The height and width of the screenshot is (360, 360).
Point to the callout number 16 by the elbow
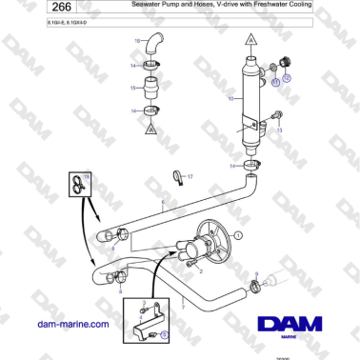click(x=137, y=40)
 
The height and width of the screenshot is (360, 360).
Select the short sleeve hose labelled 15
click(x=150, y=92)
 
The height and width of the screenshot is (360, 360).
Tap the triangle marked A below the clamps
click(x=150, y=136)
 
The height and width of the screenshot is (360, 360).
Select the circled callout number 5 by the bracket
click(x=164, y=334)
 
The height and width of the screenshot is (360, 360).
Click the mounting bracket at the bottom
click(x=145, y=330)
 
